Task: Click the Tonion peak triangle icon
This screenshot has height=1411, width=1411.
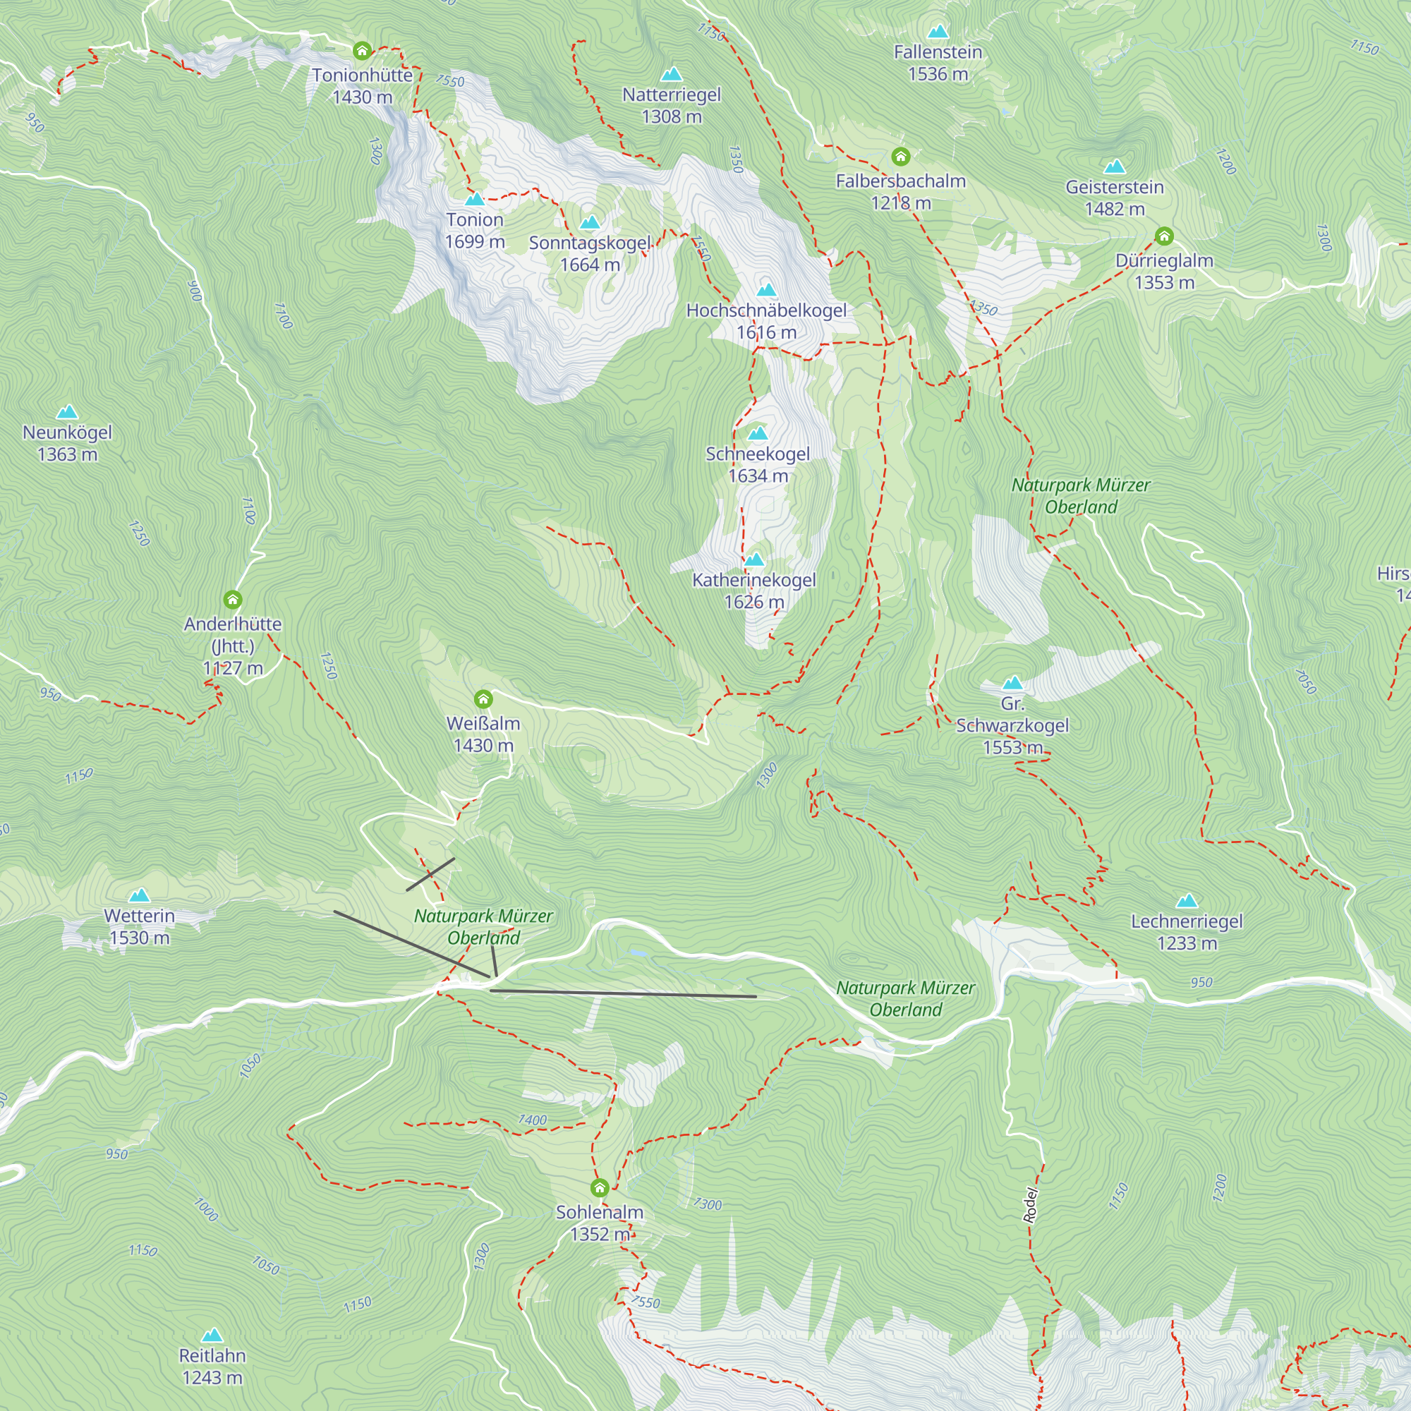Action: pyautogui.click(x=475, y=199)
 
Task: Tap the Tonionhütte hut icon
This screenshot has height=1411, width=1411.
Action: pyautogui.click(x=362, y=50)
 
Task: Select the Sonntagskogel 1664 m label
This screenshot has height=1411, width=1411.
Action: pyautogui.click(x=589, y=253)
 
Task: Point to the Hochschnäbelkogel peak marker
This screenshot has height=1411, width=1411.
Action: pyautogui.click(x=766, y=290)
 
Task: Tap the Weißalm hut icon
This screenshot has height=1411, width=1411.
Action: pyautogui.click(x=483, y=699)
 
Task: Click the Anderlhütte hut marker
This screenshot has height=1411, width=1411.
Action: pyautogui.click(x=232, y=600)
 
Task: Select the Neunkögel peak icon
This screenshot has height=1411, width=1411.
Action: pyautogui.click(x=67, y=412)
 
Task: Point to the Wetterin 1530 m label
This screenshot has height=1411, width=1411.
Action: pyautogui.click(x=139, y=926)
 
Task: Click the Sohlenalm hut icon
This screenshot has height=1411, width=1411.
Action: pyautogui.click(x=600, y=1187)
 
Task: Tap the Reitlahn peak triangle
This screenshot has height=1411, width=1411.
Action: pyautogui.click(x=212, y=1335)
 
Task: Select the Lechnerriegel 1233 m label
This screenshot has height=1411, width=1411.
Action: pyautogui.click(x=1187, y=932)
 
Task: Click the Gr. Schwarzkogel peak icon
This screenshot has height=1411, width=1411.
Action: pyautogui.click(x=1012, y=683)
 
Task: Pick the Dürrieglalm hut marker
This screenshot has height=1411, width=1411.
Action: pyautogui.click(x=1164, y=236)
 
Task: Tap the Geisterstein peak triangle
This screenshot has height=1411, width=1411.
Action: pyautogui.click(x=1114, y=166)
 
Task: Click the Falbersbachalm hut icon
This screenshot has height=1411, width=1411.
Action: pyautogui.click(x=900, y=157)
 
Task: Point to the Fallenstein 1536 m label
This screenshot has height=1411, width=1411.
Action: pyautogui.click(x=938, y=63)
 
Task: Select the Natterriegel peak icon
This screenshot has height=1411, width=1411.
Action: pyautogui.click(x=671, y=75)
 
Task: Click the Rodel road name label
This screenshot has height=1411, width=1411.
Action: pyautogui.click(x=1030, y=1205)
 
